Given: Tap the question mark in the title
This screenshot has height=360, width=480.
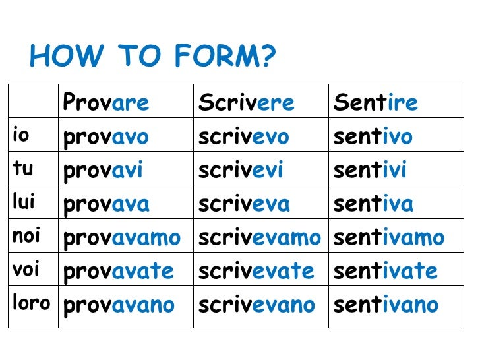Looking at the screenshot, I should coord(266,57).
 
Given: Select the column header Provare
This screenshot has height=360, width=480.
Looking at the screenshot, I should coord(106,103).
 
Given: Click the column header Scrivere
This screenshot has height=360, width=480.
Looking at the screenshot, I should coord(247,103).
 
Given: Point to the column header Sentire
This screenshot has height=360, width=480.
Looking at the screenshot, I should coord(376,103).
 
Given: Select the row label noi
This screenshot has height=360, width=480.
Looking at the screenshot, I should coord(26,236).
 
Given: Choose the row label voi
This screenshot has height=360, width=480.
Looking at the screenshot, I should coord(26,270).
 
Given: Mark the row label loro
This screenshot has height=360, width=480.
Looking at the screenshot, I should coord(31,303).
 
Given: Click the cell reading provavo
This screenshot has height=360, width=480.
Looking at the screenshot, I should coord(106,137).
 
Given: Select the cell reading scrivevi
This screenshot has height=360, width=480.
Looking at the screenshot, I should coord(241,171).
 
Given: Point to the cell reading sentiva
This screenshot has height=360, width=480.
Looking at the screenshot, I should coord(374,204).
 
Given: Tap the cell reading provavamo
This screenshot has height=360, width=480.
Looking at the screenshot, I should coord(122,238).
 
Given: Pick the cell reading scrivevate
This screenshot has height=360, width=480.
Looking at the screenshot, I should coord(256,272).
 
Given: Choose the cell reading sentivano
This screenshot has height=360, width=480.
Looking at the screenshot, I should coord(386,305).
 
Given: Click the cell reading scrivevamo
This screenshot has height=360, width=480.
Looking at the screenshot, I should coord(260,238).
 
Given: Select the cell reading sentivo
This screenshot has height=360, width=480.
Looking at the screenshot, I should coord(373,137).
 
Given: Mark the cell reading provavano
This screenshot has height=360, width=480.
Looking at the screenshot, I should coord(119,305).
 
